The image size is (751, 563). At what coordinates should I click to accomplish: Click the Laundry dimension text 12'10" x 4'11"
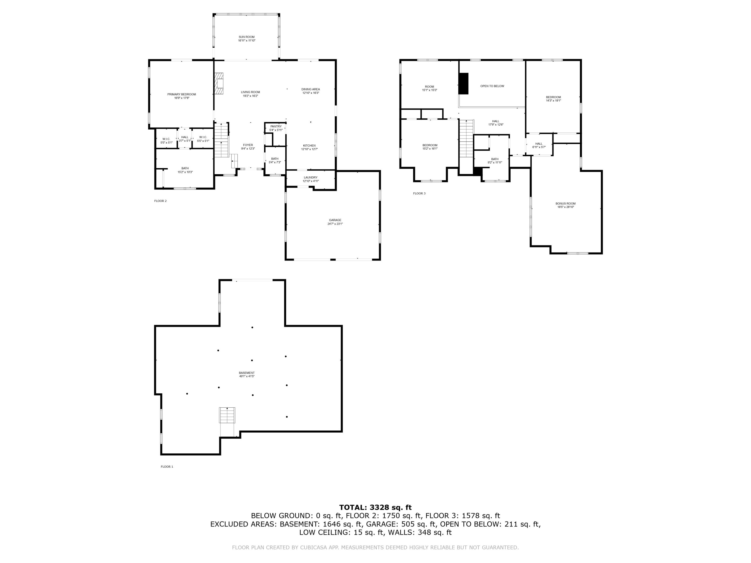pos(310,181)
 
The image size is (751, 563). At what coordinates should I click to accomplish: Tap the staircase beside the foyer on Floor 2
pos(221,140)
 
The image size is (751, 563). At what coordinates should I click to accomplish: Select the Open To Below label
pos(492,86)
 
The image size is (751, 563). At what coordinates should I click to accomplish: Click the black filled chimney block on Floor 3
pos(463,84)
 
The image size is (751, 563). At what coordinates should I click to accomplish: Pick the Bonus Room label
pos(565,204)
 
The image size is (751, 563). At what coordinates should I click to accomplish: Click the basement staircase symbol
pos(227,415)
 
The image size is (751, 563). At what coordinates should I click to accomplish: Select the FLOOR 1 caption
pos(167,467)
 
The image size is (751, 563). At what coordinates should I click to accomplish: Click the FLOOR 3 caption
pos(419,193)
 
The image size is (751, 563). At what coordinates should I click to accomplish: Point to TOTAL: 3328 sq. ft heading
pos(375,507)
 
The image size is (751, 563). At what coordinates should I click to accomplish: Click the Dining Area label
pos(310,89)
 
